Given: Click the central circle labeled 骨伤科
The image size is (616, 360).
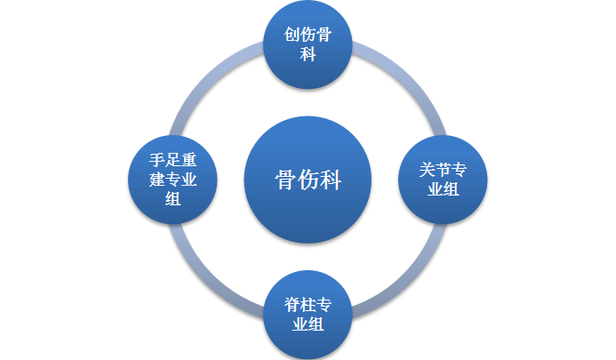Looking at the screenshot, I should pyautogui.click(x=307, y=179).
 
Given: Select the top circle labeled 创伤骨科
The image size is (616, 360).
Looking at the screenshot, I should pyautogui.click(x=308, y=44).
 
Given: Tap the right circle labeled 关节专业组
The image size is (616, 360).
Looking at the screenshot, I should pyautogui.click(x=442, y=179).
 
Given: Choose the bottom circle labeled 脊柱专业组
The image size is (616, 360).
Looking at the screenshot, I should pyautogui.click(x=308, y=313).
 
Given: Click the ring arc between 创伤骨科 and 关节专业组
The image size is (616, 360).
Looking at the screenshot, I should pyautogui.click(x=404, y=84).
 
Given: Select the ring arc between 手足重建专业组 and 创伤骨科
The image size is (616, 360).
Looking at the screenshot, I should pyautogui.click(x=211, y=84).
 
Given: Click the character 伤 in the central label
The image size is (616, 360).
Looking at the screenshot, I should pyautogui.click(x=308, y=179).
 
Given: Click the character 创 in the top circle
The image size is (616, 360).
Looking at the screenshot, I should pyautogui.click(x=292, y=35).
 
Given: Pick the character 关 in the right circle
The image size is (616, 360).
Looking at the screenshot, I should pyautogui.click(x=427, y=170).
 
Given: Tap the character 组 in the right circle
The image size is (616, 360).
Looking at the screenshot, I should pyautogui.click(x=451, y=188).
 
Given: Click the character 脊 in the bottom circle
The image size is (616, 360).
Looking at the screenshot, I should pyautogui.click(x=292, y=304).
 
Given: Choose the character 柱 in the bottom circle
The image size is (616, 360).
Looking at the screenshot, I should pyautogui.click(x=308, y=304).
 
